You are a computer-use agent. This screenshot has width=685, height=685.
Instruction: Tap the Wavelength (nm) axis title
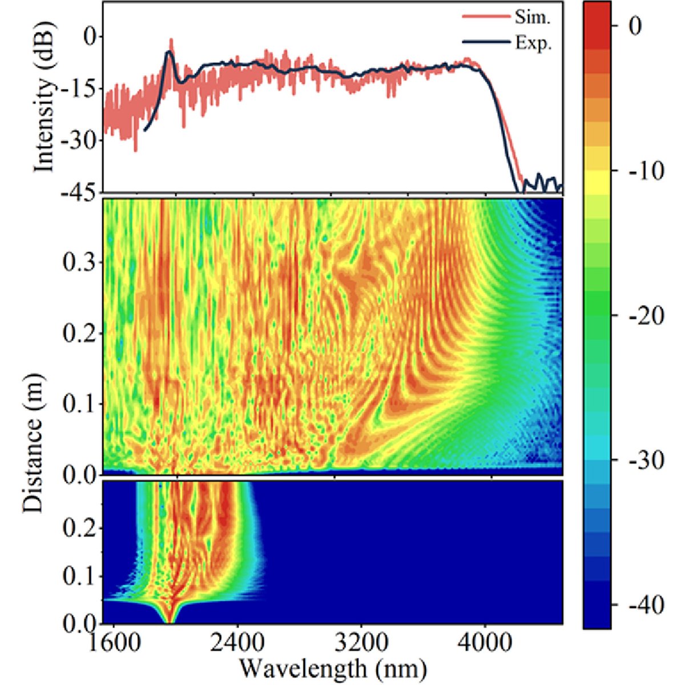[332, 666]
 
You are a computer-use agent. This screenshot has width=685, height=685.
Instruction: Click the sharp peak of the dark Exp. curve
[169, 52]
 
